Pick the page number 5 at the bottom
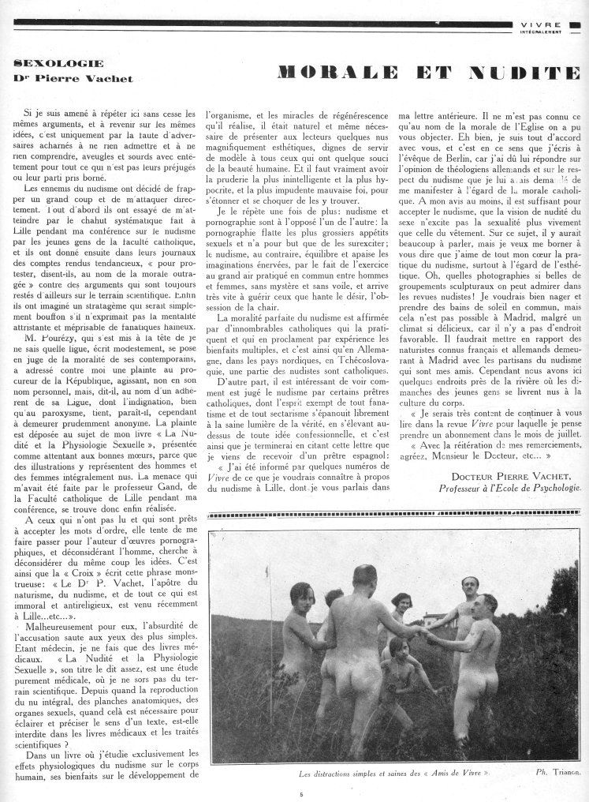[x=300, y=793]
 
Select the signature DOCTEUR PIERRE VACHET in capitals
[x=520, y=476]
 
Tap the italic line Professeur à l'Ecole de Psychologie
[x=511, y=488]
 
